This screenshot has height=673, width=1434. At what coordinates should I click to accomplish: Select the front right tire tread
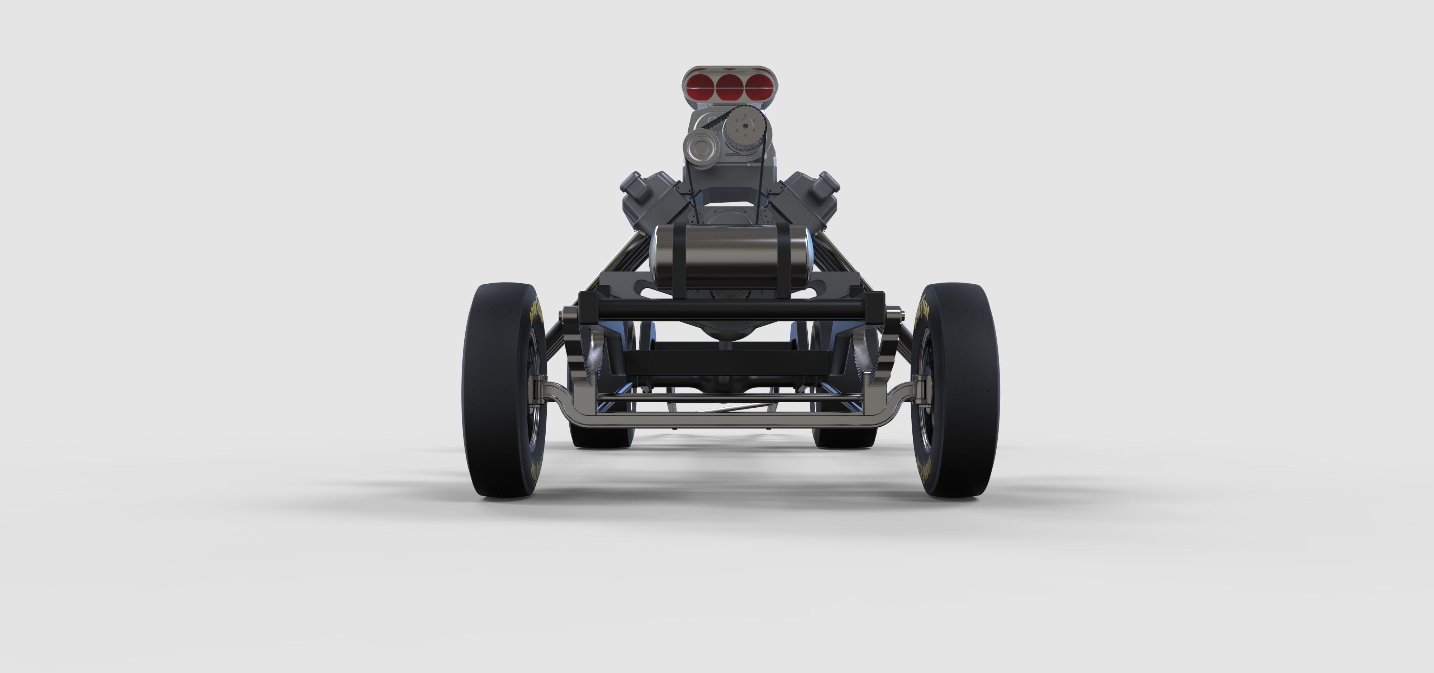click(969, 390)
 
